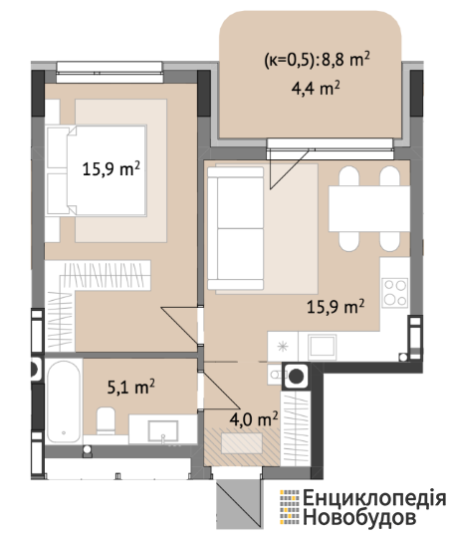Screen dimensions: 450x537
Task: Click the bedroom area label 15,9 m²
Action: (112, 168)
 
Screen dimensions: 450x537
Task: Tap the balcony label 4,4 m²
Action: (316, 89)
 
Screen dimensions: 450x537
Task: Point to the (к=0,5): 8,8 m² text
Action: (317, 60)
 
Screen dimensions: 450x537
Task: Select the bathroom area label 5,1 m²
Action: (131, 387)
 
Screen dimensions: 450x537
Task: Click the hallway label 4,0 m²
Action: (254, 419)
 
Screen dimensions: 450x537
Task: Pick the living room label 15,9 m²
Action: (336, 306)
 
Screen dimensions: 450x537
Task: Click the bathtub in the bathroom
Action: (64, 402)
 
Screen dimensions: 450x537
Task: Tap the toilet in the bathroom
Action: (106, 420)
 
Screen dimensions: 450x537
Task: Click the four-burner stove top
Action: (395, 293)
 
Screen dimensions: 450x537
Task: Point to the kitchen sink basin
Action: (322, 346)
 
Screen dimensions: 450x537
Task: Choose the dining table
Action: (369, 208)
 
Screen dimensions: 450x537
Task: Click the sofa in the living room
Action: (236, 228)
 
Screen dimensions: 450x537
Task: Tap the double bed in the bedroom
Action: (97, 170)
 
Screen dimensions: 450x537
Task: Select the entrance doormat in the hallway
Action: (242, 443)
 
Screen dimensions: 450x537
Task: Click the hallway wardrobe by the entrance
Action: (296, 428)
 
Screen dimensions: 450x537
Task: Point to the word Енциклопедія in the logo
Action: (374, 498)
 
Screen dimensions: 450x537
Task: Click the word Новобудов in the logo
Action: (359, 517)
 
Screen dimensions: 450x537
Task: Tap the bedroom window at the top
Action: (110, 73)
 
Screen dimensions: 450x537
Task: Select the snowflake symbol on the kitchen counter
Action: (283, 347)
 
